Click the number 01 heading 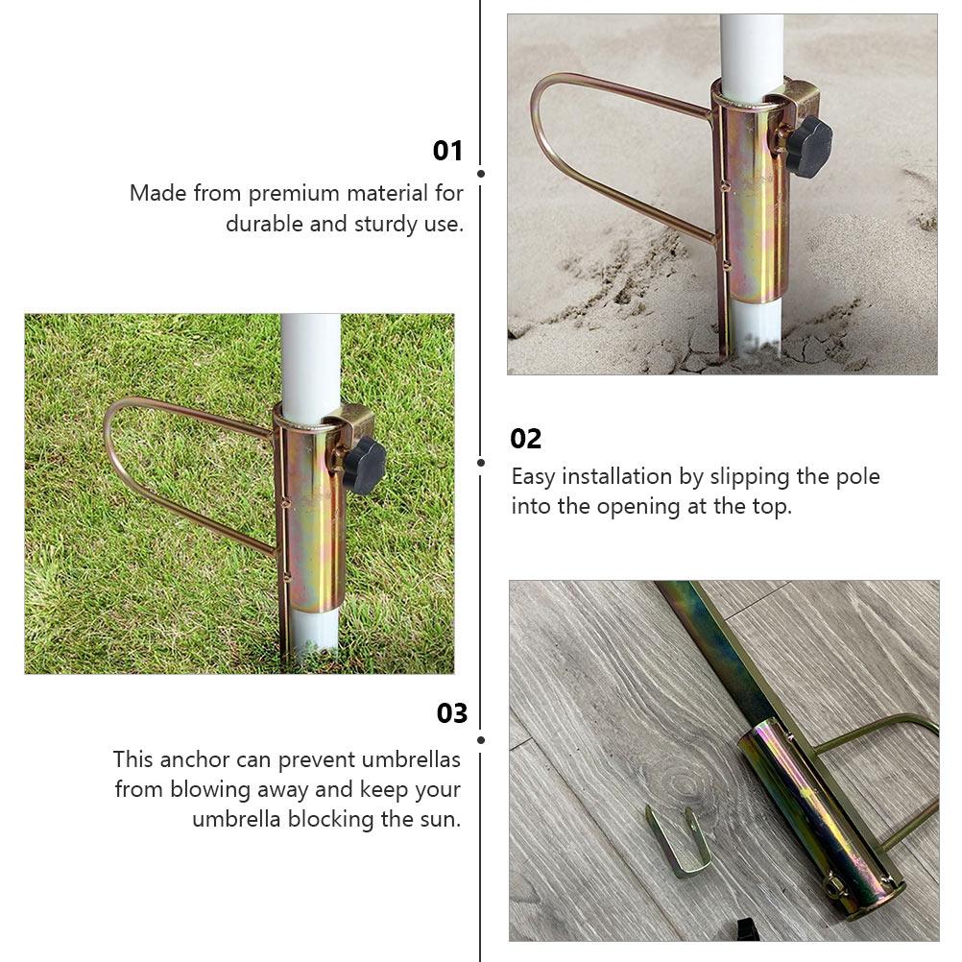(447, 151)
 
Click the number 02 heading (526, 439)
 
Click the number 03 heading (451, 713)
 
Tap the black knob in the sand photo (809, 147)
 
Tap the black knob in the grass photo (365, 466)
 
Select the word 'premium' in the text (294, 193)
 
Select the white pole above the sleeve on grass (310, 360)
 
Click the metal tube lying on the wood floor (816, 816)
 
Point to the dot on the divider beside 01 (480, 174)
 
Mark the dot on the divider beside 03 (480, 740)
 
